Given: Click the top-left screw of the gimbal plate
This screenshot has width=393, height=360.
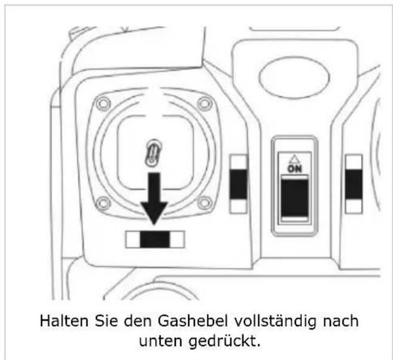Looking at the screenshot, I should [103, 103].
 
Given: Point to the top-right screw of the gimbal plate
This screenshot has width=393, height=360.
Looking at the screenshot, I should [205, 103].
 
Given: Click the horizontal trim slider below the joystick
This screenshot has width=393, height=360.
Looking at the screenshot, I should [154, 240].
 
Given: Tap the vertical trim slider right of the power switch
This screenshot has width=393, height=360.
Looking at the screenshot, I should [354, 185].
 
